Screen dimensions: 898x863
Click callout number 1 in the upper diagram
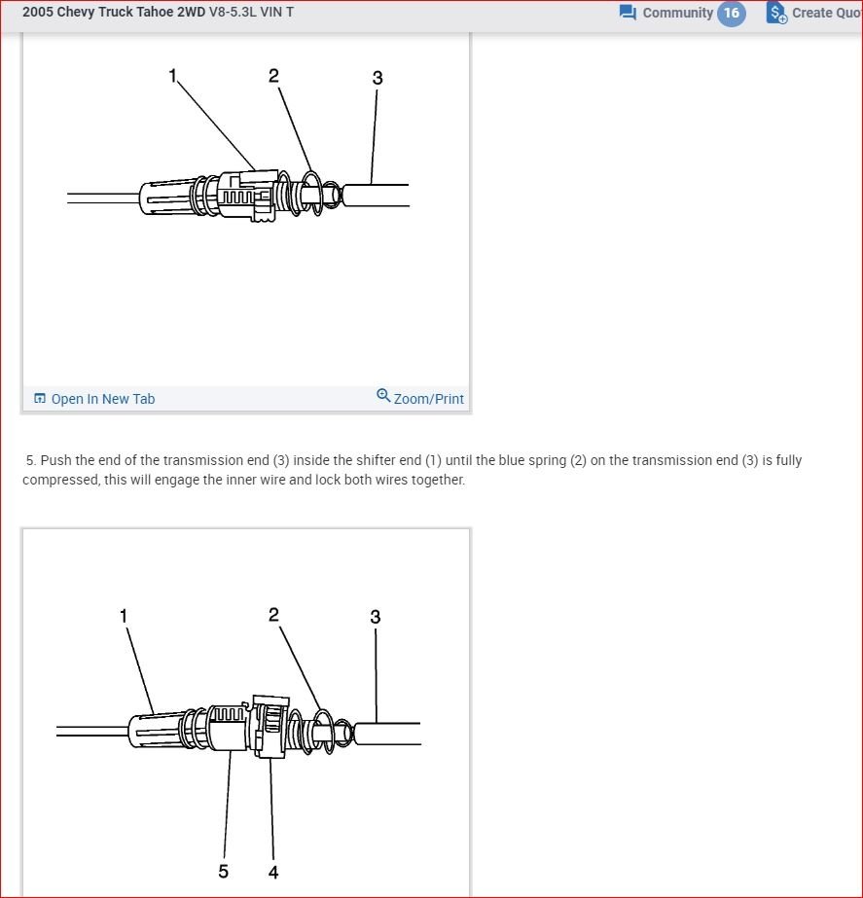[173, 75]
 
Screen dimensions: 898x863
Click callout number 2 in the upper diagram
[274, 75]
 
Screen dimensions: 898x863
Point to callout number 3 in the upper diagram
[378, 78]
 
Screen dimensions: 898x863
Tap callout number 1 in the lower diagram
[124, 615]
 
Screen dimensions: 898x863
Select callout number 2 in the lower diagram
[273, 614]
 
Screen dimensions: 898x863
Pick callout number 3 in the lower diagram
[376, 617]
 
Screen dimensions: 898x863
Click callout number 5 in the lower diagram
[224, 871]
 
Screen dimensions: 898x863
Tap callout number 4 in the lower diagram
[273, 872]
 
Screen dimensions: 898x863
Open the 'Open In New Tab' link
[102, 399]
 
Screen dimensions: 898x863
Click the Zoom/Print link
[428, 399]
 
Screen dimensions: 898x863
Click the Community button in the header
[677, 13]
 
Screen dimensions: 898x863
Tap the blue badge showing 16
[732, 13]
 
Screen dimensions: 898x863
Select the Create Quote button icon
[776, 13]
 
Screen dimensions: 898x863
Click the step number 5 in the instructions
[30, 460]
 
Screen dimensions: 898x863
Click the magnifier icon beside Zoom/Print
[383, 396]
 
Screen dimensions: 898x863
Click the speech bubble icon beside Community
[628, 13]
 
